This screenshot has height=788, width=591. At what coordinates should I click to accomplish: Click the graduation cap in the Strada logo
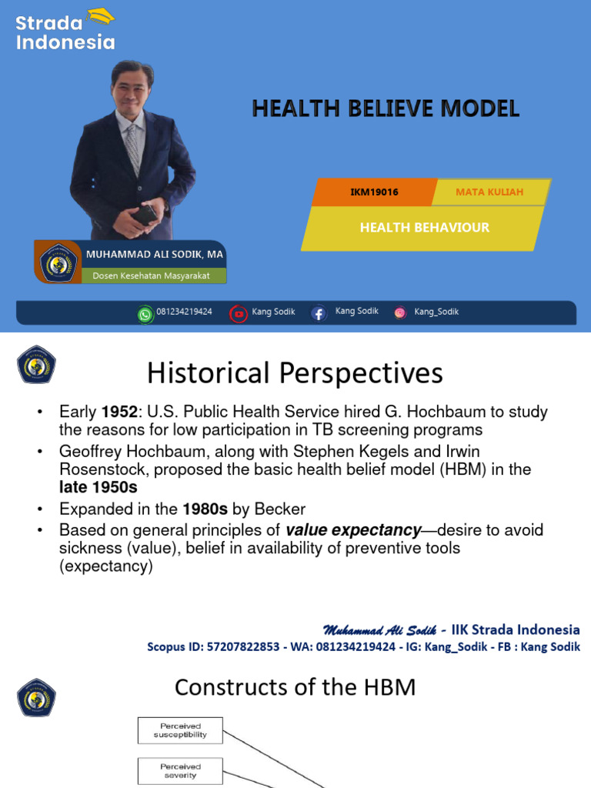click(100, 15)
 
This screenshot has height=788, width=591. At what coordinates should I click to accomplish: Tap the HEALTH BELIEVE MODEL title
click(386, 109)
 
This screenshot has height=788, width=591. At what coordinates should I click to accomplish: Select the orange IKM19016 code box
click(374, 192)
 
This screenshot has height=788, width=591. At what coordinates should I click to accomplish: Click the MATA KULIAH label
click(489, 192)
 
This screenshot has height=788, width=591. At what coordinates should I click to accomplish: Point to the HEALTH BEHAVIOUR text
click(424, 227)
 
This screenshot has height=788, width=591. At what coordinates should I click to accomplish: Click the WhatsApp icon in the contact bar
click(145, 313)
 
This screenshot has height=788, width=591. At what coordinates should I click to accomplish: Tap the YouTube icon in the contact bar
click(239, 313)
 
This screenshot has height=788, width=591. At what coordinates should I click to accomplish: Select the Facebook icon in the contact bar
click(319, 313)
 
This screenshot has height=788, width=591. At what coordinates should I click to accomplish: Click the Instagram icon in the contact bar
click(400, 312)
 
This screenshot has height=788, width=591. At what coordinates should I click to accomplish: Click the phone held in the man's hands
click(146, 215)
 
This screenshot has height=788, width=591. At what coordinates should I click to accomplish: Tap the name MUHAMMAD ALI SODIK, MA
click(155, 255)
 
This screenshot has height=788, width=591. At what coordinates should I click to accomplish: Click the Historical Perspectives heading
click(295, 374)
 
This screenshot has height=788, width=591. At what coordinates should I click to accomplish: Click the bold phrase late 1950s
click(99, 488)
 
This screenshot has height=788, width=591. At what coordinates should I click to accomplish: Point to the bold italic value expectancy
click(353, 529)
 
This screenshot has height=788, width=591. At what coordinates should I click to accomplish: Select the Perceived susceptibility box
click(180, 730)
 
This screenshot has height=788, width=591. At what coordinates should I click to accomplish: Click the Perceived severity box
click(180, 770)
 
